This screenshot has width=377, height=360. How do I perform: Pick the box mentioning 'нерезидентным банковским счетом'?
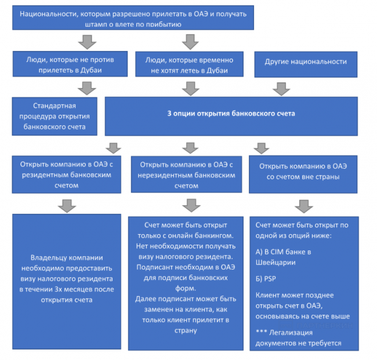(x=186, y=174)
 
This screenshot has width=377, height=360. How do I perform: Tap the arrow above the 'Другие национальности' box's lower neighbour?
(x=281, y=88)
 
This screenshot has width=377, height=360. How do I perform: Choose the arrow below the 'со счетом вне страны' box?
(x=303, y=206)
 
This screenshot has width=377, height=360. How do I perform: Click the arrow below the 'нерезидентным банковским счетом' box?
(x=189, y=205)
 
